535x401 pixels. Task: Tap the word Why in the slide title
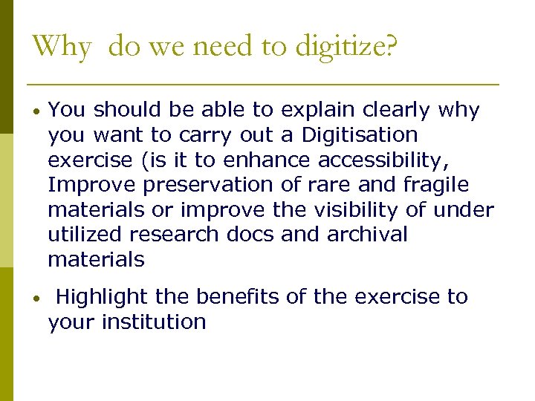pos(62,46)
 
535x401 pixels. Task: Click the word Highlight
pos(102,297)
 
